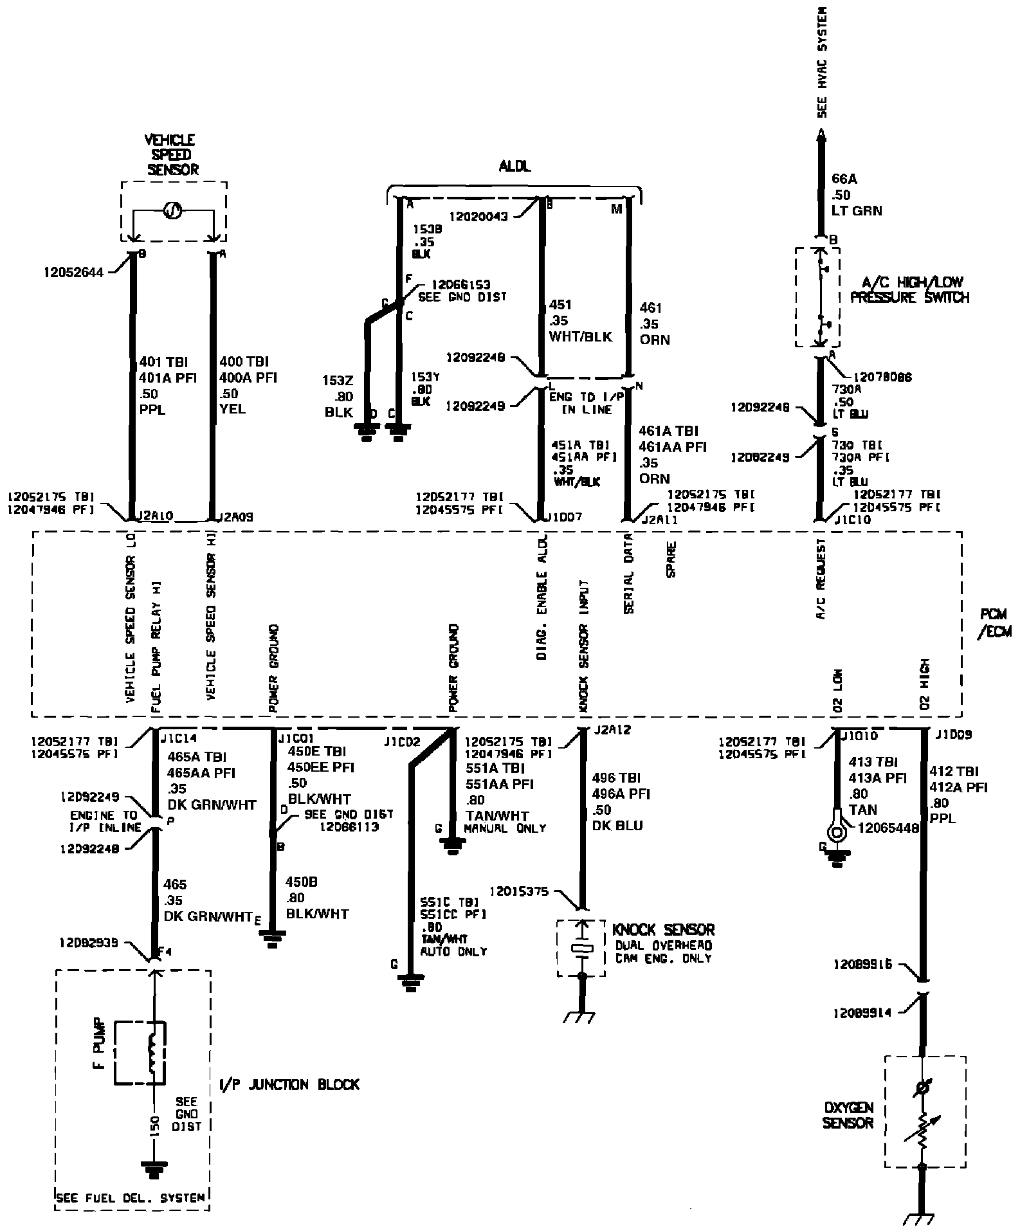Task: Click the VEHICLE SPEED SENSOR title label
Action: [171, 154]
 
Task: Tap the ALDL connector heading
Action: [515, 167]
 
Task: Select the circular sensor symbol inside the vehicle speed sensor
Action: [172, 210]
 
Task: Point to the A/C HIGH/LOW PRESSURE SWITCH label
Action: [909, 290]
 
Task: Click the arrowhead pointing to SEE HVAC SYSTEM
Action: [821, 134]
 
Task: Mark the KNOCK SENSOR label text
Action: [663, 929]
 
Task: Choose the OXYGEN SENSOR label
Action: [848, 1116]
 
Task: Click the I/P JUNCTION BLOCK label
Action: [289, 1084]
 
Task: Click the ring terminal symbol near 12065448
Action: [837, 833]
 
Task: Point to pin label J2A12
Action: [613, 730]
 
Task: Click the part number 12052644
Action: [73, 272]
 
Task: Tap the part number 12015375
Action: [519, 891]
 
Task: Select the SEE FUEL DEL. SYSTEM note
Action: [131, 1198]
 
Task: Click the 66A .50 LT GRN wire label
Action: [857, 195]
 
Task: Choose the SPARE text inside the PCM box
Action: [671, 559]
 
